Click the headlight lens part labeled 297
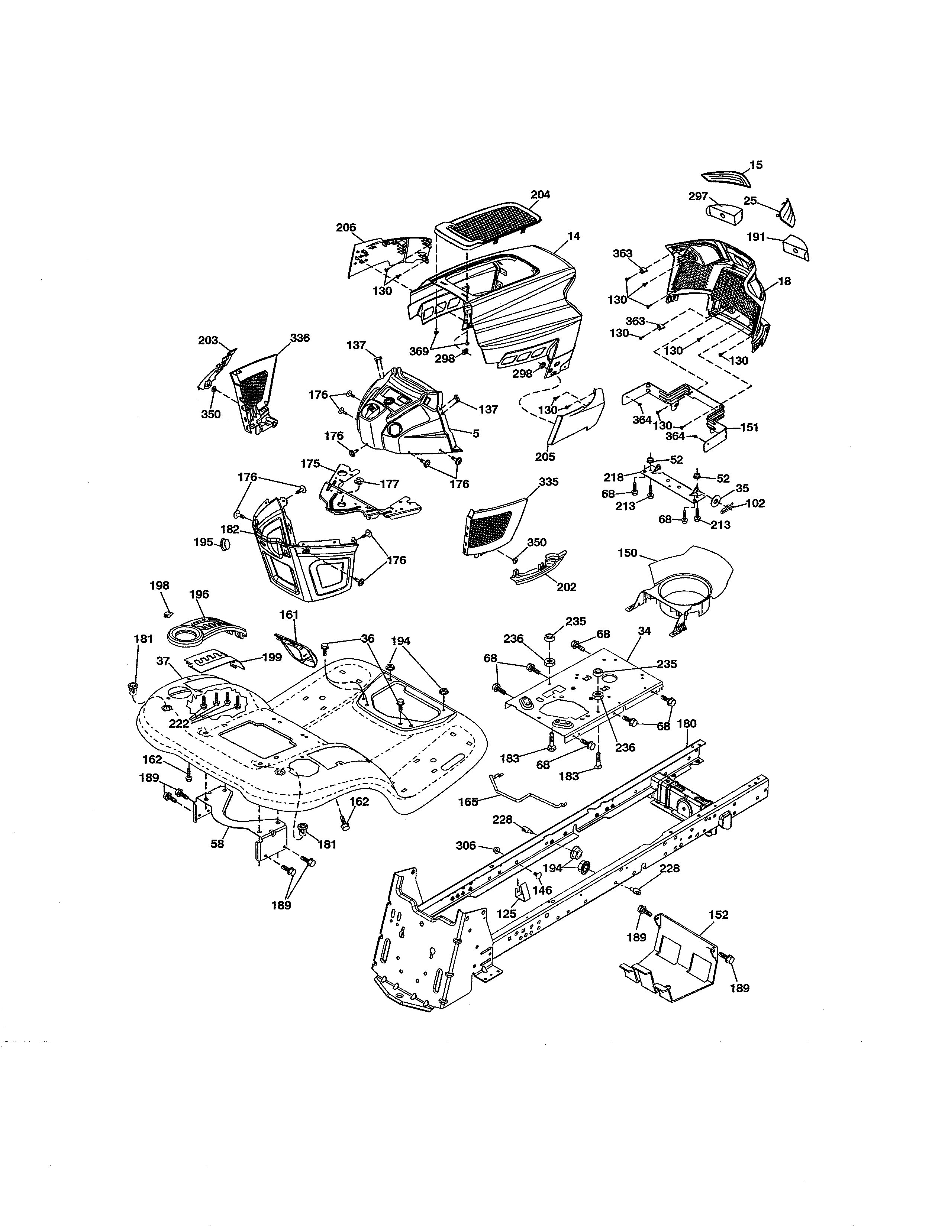(x=723, y=214)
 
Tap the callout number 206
(x=346, y=227)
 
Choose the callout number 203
(x=208, y=340)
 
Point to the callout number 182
(x=230, y=529)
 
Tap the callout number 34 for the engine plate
(x=644, y=631)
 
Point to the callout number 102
(x=755, y=503)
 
